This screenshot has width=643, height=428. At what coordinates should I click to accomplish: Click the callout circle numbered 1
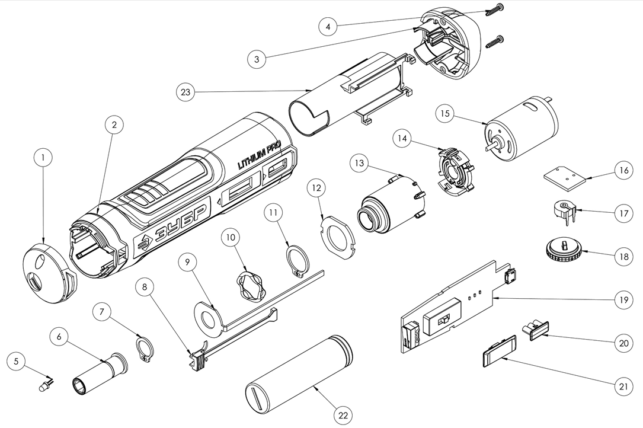click(43, 158)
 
